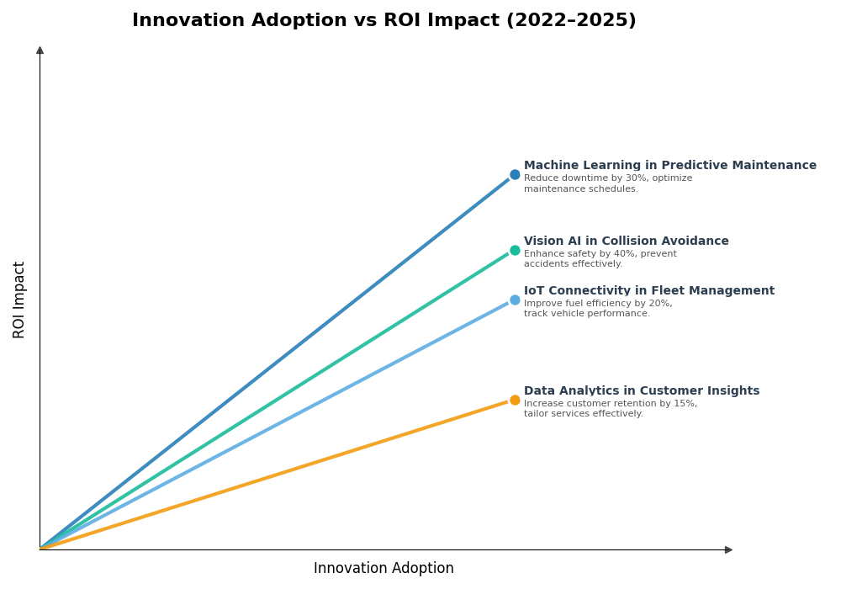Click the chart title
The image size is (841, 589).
(x=383, y=21)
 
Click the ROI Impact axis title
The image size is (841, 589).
(x=19, y=300)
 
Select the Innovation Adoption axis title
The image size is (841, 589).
(x=383, y=569)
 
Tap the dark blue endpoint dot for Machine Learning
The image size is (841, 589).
(x=515, y=175)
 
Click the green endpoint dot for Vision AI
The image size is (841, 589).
(x=515, y=250)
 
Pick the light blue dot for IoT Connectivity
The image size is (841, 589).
(x=515, y=300)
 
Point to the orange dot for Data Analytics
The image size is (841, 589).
(x=515, y=400)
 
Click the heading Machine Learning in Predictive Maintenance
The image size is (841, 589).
(x=669, y=166)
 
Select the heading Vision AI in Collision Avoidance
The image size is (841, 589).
(x=626, y=241)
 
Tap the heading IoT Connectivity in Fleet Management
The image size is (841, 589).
(x=648, y=291)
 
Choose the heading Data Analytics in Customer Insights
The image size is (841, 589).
(x=641, y=391)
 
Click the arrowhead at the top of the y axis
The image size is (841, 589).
(x=40, y=50)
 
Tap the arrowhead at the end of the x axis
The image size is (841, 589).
(x=728, y=549)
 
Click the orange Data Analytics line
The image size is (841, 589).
(x=278, y=474)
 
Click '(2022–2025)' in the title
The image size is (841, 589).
(x=571, y=21)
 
